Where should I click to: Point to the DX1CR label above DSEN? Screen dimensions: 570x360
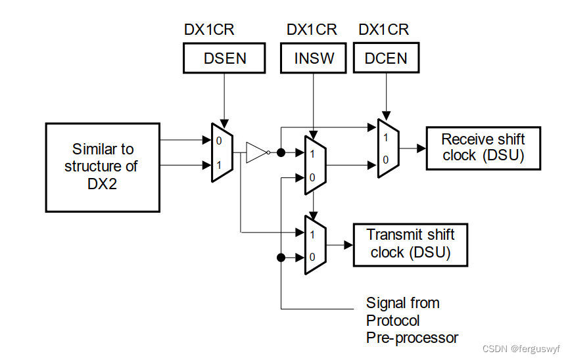tap(209, 30)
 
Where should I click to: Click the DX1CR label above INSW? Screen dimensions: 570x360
tap(312, 30)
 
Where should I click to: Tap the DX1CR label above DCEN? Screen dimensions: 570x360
tap(383, 30)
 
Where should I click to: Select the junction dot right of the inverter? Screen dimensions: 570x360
tap(281, 152)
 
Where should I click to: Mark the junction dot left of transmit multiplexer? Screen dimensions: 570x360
tap(281, 258)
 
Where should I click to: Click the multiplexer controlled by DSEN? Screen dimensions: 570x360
tap(222, 152)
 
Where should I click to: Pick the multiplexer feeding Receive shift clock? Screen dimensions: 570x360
tap(389, 148)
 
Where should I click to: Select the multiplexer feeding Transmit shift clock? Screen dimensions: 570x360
tap(315, 245)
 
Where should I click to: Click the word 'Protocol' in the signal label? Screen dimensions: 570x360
tap(392, 321)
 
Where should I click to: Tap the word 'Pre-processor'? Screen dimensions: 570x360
tap(412, 338)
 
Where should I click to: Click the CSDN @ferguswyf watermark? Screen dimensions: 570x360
tap(521, 349)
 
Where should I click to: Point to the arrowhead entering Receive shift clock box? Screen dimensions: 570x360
tap(421, 148)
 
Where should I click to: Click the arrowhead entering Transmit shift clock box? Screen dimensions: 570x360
tap(348, 245)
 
